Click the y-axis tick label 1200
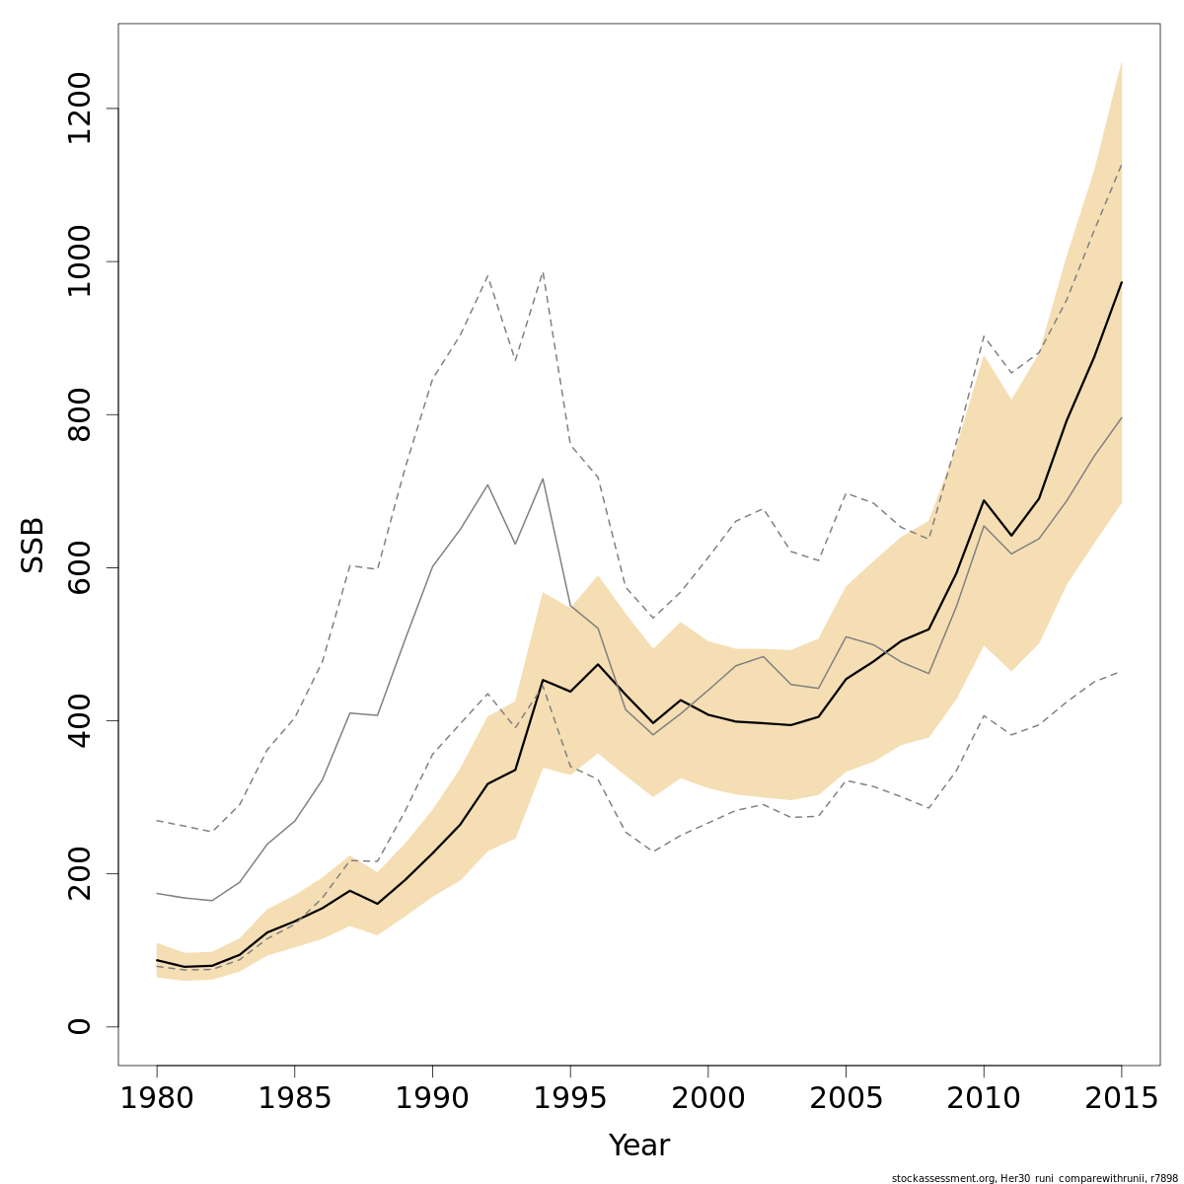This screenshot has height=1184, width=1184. point(78,109)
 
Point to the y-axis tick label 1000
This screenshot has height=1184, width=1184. point(78,261)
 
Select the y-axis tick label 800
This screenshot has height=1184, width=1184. point(78,414)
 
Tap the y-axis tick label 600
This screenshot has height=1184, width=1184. point(78,567)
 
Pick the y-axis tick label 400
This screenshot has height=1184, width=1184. point(78,720)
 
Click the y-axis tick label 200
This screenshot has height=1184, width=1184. point(78,873)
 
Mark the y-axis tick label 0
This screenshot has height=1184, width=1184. point(78,1026)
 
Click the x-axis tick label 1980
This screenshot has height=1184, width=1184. point(157,1098)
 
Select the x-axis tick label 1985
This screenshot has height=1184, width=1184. point(294,1098)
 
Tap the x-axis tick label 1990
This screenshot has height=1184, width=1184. point(432,1098)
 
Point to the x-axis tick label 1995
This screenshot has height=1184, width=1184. point(570,1098)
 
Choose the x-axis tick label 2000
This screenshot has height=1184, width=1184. point(707,1098)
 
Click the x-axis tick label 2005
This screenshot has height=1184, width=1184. point(846,1098)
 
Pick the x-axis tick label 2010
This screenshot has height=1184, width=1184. point(984,1098)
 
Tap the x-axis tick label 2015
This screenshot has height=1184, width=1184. point(1121,1098)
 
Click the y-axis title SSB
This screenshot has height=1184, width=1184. point(34,544)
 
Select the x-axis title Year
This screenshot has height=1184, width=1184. point(639,1146)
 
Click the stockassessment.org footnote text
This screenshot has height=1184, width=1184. point(1034,1178)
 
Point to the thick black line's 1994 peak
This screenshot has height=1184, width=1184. point(543,680)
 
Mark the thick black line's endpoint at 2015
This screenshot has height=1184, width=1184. point(1121,282)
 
